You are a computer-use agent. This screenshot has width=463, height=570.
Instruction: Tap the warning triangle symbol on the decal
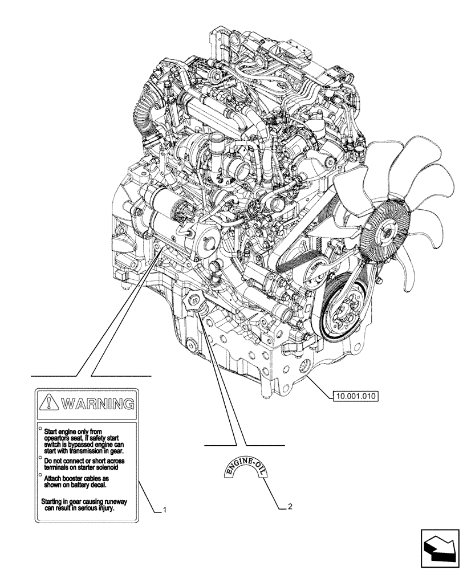pyautogui.click(x=50, y=404)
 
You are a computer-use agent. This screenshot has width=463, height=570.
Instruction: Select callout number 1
pyautogui.click(x=165, y=509)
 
